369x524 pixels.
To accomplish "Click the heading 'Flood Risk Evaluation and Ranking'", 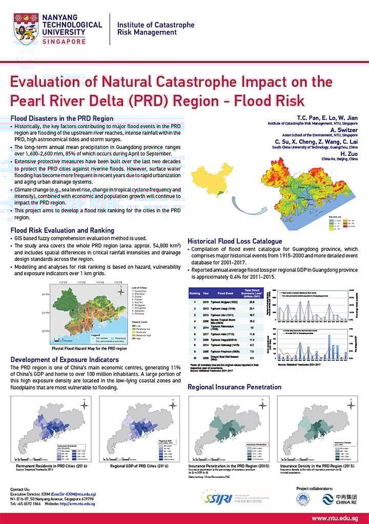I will pos(62,230).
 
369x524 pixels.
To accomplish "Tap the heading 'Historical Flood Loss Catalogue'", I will pos(235,241).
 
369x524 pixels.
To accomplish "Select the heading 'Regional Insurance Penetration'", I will pos(234,387).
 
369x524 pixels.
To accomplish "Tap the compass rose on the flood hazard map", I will pos(119,292).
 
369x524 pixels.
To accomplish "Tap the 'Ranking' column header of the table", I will pos(195,294).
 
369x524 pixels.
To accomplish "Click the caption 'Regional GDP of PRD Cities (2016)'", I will pos(139,466).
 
